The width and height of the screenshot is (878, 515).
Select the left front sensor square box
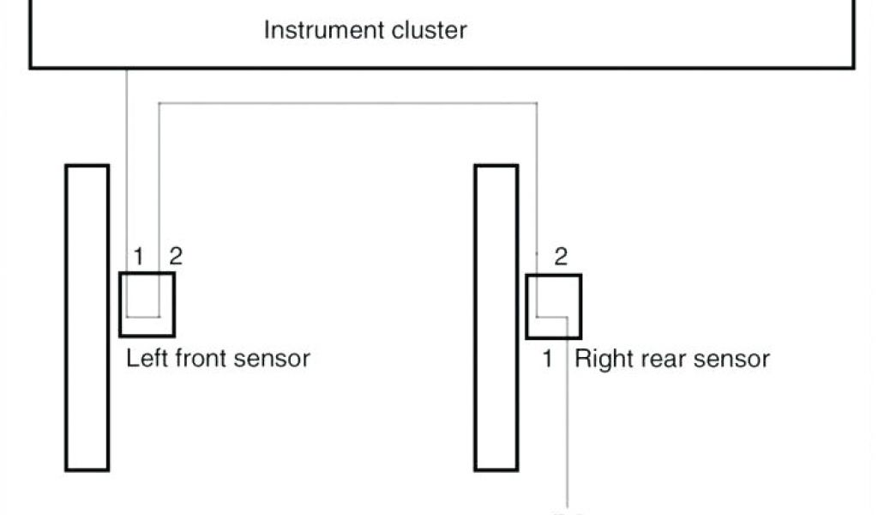coord(147,304)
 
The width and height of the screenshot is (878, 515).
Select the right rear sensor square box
coord(553,306)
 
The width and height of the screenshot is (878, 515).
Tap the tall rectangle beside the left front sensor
coord(87,318)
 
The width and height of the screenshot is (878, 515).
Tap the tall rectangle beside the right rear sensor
coord(496,318)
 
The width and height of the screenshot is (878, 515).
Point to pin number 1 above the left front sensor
coord(140,256)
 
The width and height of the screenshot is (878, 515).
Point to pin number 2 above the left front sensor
coord(175,255)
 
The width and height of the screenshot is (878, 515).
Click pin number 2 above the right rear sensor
coord(561,257)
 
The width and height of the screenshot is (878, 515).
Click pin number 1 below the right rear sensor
coord(547,358)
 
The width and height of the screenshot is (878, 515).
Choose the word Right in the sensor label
coord(604,358)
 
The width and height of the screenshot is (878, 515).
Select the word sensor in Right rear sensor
coord(734,358)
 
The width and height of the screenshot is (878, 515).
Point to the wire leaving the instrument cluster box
coord(126,154)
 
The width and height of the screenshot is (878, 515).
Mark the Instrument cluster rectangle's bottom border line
coord(514,67)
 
